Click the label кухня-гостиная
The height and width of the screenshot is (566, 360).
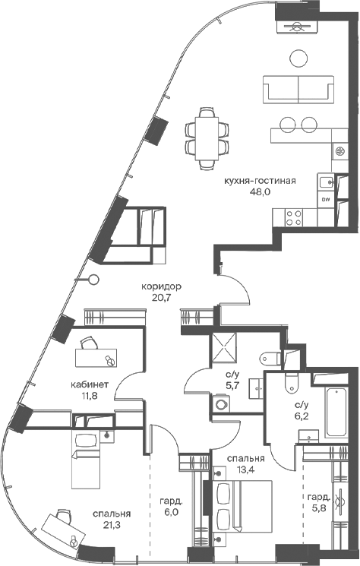tap(260, 181)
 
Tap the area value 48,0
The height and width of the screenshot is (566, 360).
tap(260, 191)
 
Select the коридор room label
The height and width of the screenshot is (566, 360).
tap(161, 286)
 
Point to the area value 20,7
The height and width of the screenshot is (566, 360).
tap(161, 298)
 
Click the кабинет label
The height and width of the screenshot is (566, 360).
tap(90, 384)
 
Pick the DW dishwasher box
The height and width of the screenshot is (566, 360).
tap(326, 199)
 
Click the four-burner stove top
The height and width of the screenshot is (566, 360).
tap(294, 218)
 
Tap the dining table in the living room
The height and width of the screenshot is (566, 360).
tap(207, 138)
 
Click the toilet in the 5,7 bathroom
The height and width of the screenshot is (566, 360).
tap(270, 359)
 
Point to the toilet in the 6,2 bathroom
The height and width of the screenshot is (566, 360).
tap(292, 383)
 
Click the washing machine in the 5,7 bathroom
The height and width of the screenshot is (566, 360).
tap(220, 403)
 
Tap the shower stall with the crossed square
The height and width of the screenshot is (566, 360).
tap(224, 347)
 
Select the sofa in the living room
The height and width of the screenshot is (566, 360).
tap(298, 90)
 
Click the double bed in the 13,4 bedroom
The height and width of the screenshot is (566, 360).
tap(242, 506)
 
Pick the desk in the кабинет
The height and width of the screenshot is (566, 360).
tap(96, 358)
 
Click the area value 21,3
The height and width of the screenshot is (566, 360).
tap(112, 524)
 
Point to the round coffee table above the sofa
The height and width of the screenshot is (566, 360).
tap(298, 58)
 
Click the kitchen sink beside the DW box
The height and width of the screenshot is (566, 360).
tap(327, 182)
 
